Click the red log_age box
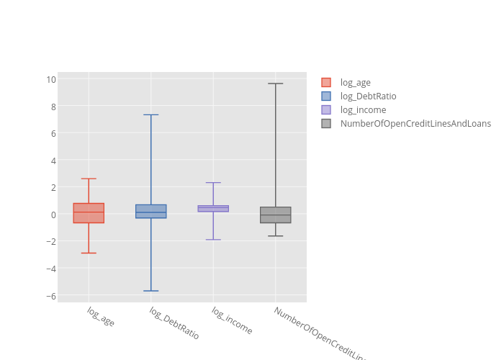(89, 213)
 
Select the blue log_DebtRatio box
(150, 211)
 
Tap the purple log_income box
(213, 209)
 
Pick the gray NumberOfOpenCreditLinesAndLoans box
(275, 215)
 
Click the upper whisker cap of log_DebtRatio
(150, 114)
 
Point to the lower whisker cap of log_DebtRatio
(150, 291)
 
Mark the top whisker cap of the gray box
(275, 84)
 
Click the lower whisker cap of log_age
(89, 253)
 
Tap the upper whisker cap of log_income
(213, 183)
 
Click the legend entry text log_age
(355, 83)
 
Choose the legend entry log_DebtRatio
(368, 96)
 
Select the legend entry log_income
(363, 110)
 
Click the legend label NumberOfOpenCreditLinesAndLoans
(415, 124)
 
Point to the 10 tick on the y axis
(51, 79)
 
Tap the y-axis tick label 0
(53, 215)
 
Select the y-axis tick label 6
(53, 133)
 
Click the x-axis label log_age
(101, 317)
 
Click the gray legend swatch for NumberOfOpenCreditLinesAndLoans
(326, 124)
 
